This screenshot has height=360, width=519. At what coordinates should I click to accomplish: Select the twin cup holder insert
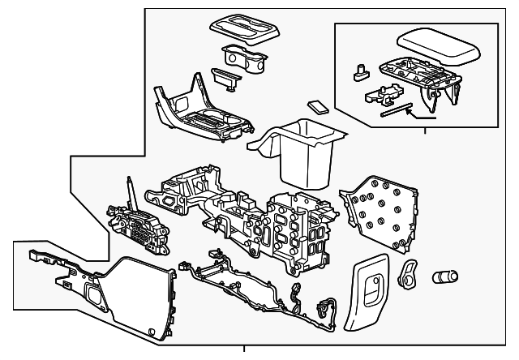coord(242,59)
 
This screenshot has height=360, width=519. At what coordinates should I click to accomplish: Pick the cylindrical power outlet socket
coord(446,276)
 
